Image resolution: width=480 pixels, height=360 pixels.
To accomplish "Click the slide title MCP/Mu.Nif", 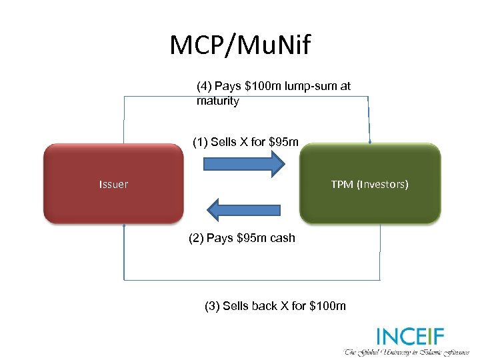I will coord(240,45).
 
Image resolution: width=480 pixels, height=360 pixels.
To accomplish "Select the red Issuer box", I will coord(113,183).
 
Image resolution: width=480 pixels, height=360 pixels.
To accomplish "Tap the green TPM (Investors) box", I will coord(370,183).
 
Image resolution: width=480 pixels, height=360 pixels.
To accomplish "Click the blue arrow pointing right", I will coord(243,163).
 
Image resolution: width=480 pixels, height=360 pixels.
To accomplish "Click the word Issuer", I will coord(113,184).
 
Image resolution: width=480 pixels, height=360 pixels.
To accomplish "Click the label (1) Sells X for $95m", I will coord(245,141).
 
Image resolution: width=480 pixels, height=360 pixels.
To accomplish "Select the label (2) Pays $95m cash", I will coord(241,238).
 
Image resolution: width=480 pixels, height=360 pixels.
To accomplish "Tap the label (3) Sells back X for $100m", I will coord(275,306).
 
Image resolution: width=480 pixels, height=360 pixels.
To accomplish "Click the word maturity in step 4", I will coord(217,101).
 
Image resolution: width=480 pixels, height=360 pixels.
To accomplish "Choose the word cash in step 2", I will coord(281,238).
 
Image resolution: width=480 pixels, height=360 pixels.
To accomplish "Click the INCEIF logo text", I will coord(410,335).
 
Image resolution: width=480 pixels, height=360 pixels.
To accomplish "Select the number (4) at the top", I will coord(204,87).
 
